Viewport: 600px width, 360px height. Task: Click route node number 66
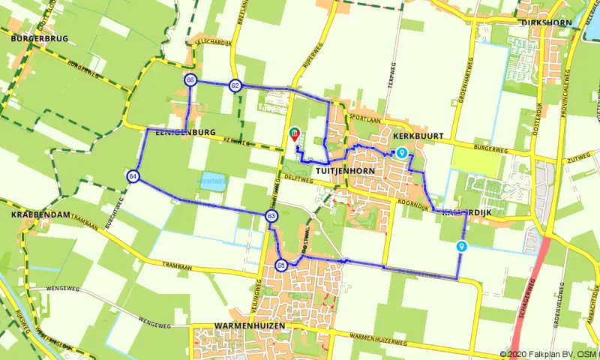click(190, 80)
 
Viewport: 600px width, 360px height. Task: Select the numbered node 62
click(235, 85)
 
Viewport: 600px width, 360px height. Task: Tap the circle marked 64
click(133, 176)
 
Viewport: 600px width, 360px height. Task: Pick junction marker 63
click(271, 216)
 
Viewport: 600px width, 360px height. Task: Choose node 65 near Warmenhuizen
click(281, 265)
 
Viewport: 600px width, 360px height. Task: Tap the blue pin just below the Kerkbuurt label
click(402, 153)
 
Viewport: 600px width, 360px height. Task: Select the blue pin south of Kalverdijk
click(462, 246)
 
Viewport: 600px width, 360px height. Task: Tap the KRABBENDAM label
click(40, 214)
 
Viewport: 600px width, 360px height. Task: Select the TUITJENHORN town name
click(346, 171)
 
